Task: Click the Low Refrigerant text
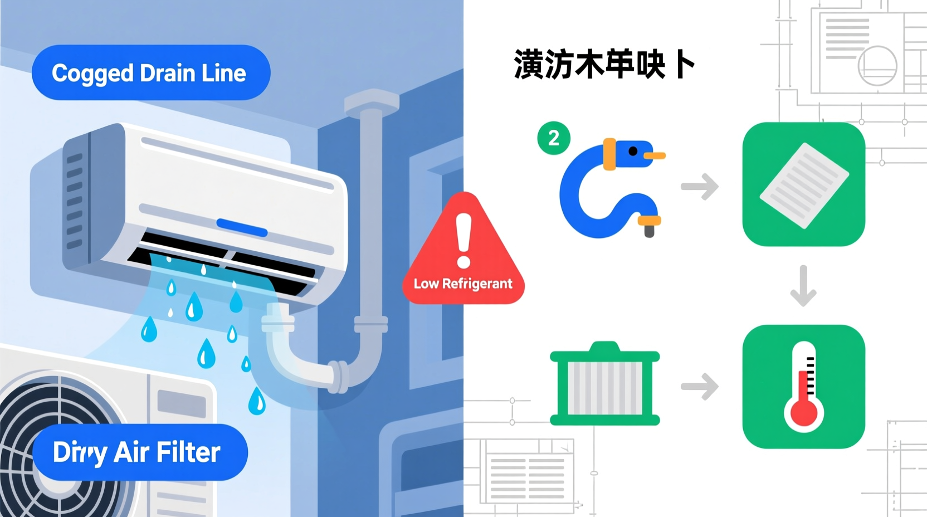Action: pos(463,284)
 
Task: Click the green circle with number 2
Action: pos(553,138)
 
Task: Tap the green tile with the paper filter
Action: pos(803,184)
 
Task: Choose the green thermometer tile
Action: pos(803,387)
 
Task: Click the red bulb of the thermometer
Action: pos(803,412)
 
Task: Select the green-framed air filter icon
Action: pos(605,384)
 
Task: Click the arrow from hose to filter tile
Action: pos(700,186)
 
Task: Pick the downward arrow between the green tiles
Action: pos(803,286)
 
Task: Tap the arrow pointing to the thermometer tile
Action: pos(700,387)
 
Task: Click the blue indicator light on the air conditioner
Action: pos(241,227)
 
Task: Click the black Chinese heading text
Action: pos(604,65)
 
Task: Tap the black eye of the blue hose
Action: pos(633,151)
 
